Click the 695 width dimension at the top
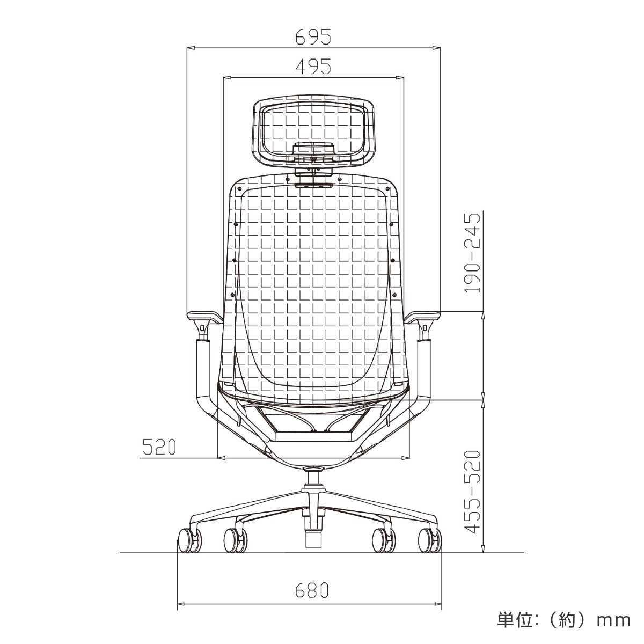point(313,36)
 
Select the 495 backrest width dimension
point(313,66)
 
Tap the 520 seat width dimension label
point(159,447)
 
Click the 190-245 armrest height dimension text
point(473,253)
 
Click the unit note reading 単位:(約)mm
point(564,620)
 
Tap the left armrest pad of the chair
point(204,316)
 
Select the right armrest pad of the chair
point(422,316)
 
